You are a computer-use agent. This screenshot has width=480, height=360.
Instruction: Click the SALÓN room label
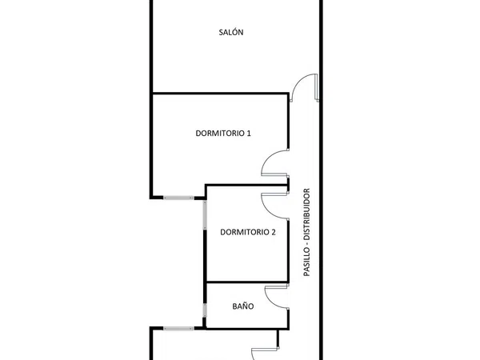231,32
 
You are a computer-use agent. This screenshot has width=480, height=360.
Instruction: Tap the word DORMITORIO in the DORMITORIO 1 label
220,133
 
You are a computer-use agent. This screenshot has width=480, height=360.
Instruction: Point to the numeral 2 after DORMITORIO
273,232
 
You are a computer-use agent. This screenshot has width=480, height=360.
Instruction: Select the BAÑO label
243,306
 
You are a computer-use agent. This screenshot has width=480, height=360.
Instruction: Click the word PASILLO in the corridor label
306,261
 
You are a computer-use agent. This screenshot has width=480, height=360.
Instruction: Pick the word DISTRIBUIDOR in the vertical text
306,214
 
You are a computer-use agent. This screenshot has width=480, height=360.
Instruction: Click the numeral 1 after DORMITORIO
249,133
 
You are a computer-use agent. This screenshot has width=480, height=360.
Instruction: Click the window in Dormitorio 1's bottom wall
178,198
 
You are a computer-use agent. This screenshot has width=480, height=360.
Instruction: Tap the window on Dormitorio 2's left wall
205,215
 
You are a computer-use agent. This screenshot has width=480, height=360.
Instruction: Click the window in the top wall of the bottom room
178,329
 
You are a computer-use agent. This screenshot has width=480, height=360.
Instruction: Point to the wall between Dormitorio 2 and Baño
247,282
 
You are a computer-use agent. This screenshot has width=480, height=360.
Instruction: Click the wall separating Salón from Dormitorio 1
221,93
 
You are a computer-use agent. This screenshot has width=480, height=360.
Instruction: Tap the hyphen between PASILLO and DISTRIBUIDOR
307,243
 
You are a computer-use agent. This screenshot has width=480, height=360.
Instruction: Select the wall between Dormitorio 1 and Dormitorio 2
246,186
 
